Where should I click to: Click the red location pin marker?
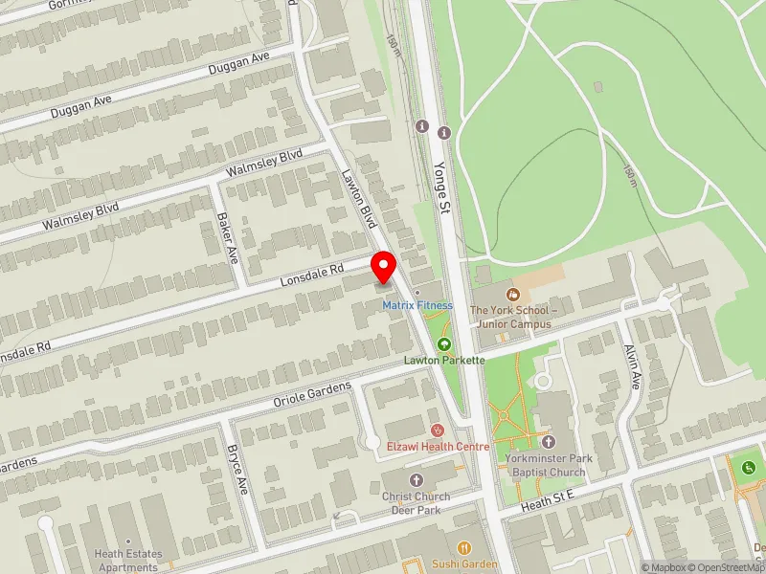coord(385,267)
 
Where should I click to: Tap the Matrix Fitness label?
coord(417,305)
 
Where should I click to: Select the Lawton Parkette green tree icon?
coord(443,343)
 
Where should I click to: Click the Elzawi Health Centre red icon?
coord(438,430)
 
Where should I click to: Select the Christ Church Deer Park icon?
coord(416,478)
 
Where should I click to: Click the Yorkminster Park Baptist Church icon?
coord(548,442)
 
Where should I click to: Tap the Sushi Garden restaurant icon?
coord(464,548)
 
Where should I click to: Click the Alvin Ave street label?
coord(632,366)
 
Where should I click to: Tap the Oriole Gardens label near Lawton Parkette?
coord(313,392)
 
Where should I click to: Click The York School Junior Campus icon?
coord(512,294)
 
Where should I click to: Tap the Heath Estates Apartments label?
coord(128,561)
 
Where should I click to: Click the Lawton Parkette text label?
coord(444,360)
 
